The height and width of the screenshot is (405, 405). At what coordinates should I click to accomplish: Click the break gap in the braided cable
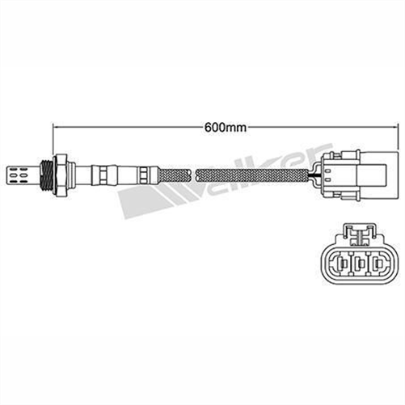(192, 171)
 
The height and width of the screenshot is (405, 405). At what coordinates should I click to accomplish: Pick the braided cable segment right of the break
(251, 171)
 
